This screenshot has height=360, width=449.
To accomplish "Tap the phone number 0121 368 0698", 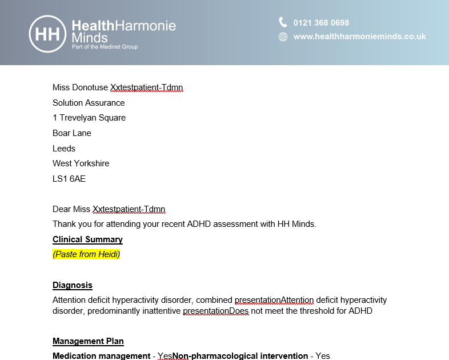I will (x=321, y=23).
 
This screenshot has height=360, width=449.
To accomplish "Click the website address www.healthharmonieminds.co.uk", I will (x=359, y=37).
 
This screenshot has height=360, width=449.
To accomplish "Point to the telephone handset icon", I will (x=283, y=22).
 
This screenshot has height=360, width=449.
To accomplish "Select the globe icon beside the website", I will (x=283, y=37).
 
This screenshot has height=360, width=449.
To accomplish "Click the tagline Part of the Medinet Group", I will (x=105, y=47).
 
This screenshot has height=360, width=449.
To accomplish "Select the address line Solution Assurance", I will (x=89, y=103).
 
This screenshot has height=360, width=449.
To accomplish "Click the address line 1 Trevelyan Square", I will (x=89, y=118).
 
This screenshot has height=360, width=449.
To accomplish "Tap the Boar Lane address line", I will (x=72, y=133).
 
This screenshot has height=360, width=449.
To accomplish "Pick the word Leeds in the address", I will (x=64, y=148).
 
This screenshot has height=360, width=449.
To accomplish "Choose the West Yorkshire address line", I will (x=81, y=163).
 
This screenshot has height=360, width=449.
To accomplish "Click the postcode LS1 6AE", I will (x=69, y=178).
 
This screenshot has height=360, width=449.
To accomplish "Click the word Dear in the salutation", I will (x=62, y=209).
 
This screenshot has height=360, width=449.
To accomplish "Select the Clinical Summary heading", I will (x=87, y=239).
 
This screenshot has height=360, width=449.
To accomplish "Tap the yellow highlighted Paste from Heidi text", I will (x=86, y=254).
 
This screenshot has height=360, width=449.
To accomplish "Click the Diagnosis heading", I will (x=73, y=285).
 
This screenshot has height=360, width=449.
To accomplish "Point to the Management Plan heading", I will (x=88, y=341).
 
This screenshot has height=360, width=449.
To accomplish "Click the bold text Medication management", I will (x=101, y=356).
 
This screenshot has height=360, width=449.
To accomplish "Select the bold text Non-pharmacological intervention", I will (x=240, y=356).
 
